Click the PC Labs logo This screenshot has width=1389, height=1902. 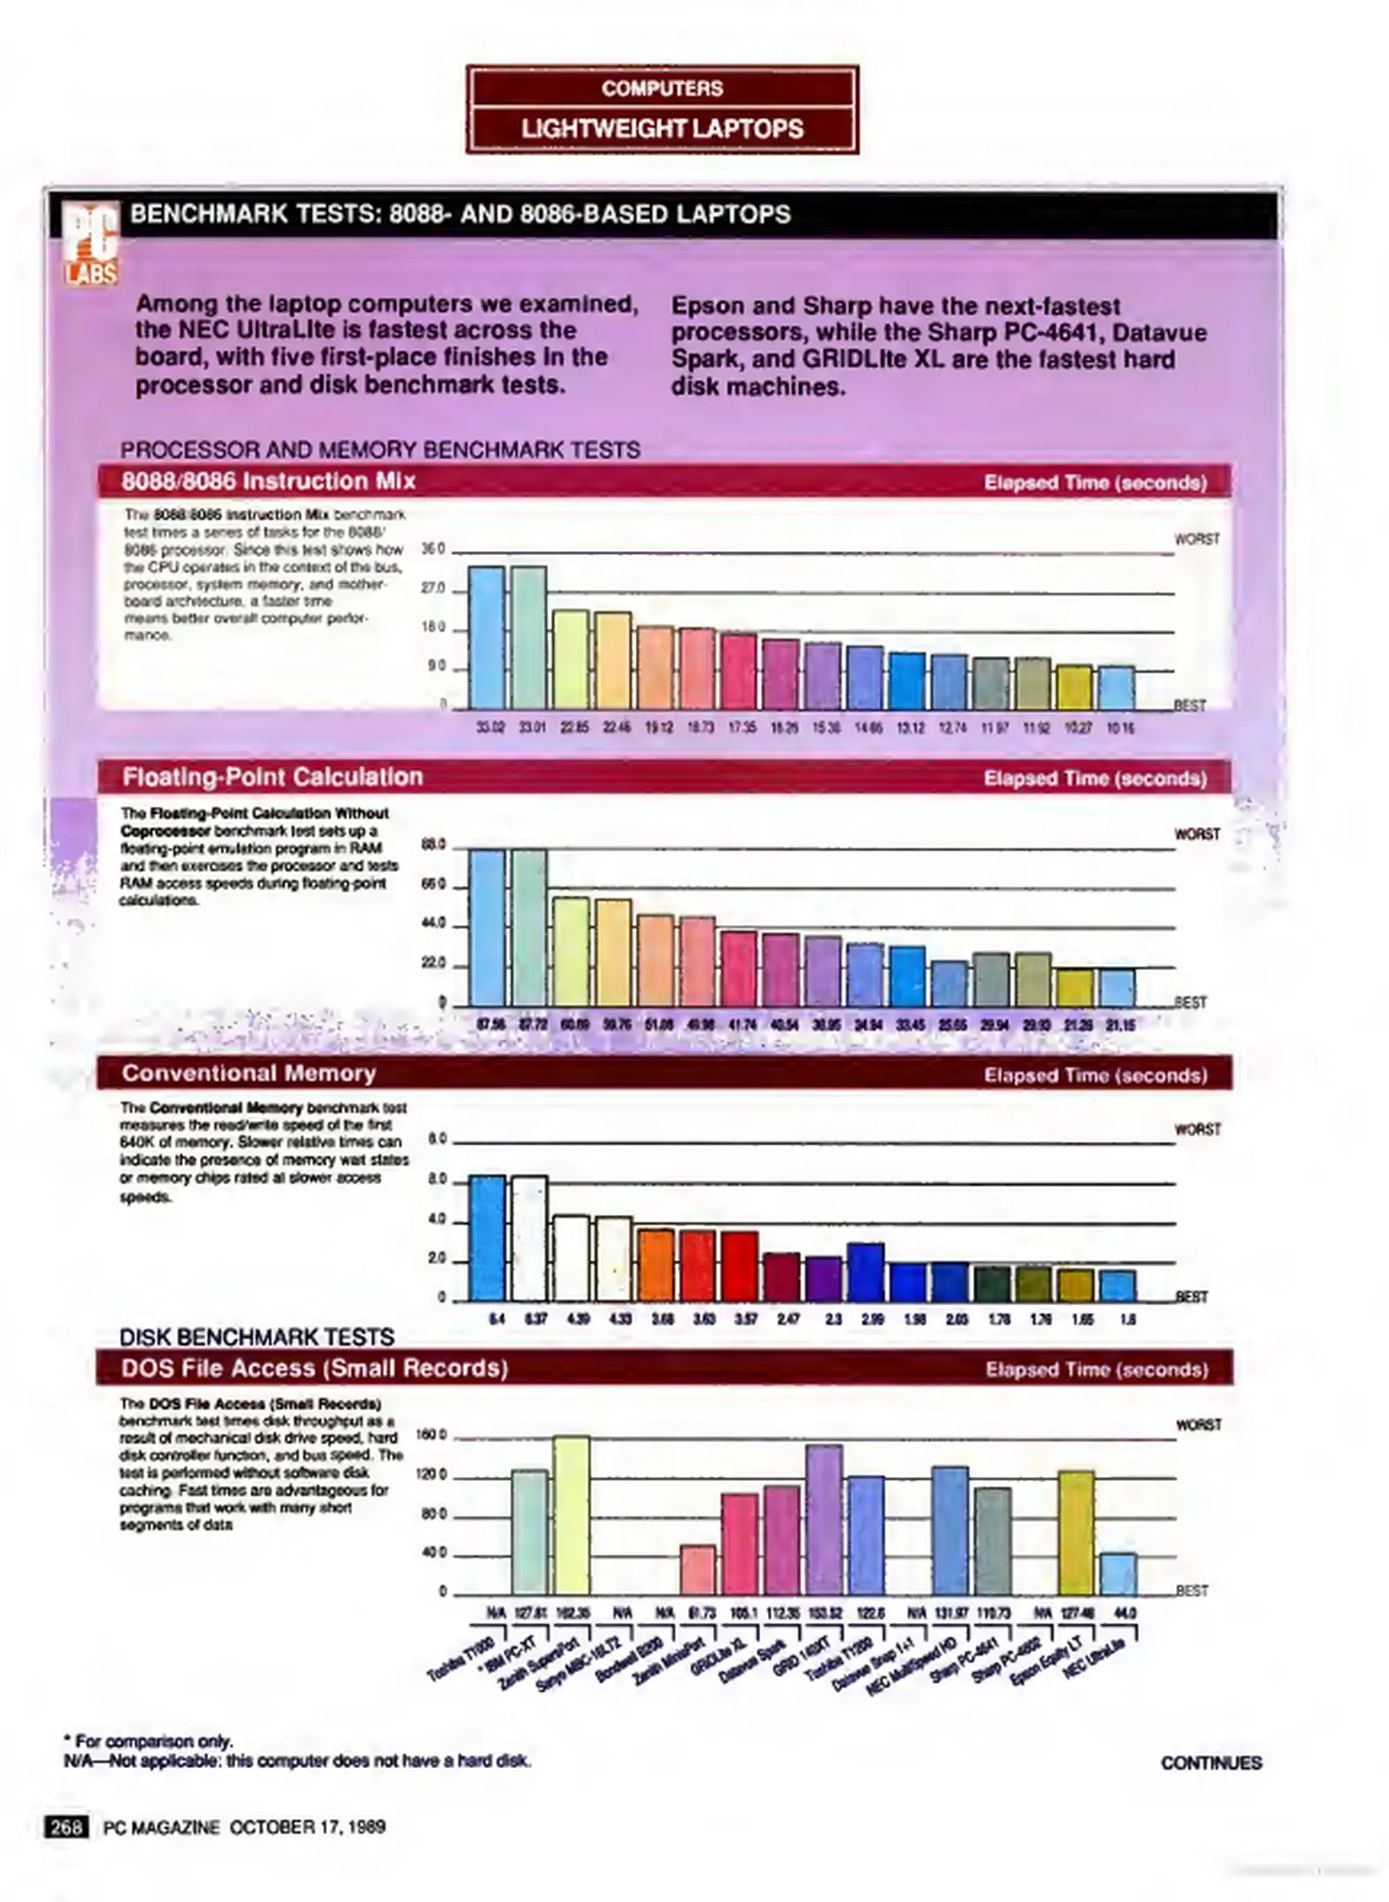tap(92, 242)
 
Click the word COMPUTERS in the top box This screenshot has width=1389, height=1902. tap(661, 89)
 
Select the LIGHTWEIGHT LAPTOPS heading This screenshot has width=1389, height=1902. tap(661, 129)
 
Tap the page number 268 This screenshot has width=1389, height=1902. tap(66, 1828)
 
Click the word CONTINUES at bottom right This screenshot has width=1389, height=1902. tap(1210, 1763)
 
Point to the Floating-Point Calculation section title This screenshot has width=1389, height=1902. tap(272, 778)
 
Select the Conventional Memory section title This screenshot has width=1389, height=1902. tap(248, 1073)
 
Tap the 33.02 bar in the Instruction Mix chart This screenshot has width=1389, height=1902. tap(486, 638)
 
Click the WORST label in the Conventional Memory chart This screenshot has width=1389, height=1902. tap(1197, 1130)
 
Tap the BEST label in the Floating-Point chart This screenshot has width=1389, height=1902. tap(1191, 1002)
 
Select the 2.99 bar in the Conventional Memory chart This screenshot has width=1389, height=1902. tap(865, 1272)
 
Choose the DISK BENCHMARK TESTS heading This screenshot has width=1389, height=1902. tap(256, 1337)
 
